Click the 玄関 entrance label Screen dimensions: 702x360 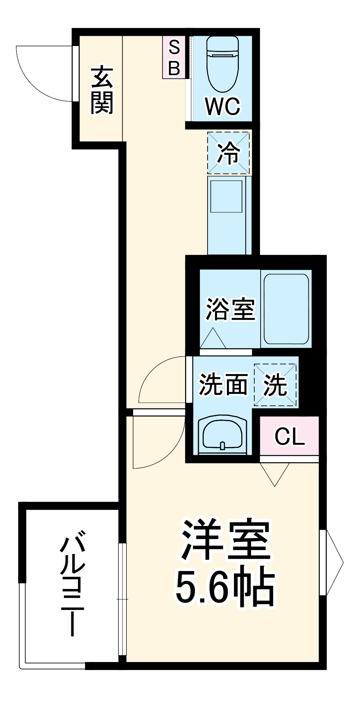pos(102,90)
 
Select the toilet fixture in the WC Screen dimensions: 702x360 pos(223,63)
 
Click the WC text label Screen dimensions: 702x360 pos(223,106)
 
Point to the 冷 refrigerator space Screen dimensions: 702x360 pos(228,153)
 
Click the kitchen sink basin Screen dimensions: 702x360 pos(226,196)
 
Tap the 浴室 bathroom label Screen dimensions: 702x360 pos(230,309)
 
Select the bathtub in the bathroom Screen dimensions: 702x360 pos(286,309)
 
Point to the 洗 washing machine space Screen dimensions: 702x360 pos(276,385)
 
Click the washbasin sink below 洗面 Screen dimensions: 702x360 pos(222,434)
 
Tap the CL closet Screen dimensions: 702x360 pos(289,436)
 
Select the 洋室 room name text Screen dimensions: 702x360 pos(225,541)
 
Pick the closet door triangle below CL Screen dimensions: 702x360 pos(275,472)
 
